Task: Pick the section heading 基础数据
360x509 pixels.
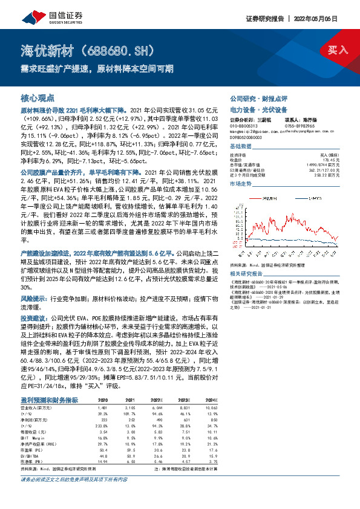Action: tap(240, 147)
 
